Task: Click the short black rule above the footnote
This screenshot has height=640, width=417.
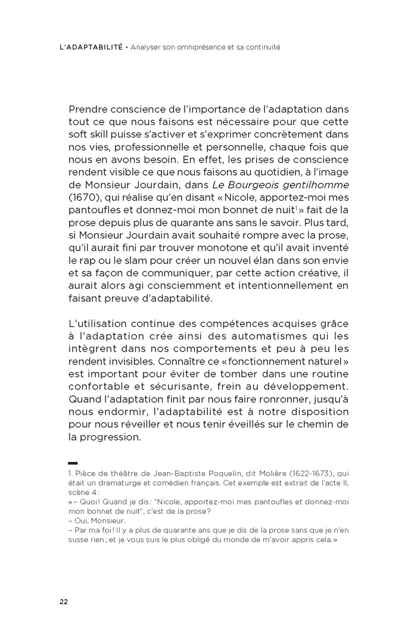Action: point(73,463)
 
